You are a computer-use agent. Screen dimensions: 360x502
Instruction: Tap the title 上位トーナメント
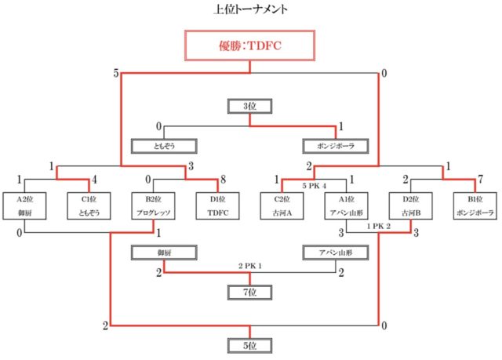click(x=249, y=9)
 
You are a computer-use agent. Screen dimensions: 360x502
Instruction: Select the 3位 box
click(x=249, y=107)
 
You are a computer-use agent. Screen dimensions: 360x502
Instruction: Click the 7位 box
click(x=249, y=293)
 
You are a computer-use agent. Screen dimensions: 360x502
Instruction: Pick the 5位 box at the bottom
click(x=249, y=344)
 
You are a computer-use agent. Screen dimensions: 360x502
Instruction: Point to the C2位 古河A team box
click(x=281, y=205)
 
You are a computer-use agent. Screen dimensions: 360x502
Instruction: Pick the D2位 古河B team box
click(x=409, y=205)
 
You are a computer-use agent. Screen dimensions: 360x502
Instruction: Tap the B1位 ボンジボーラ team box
click(x=473, y=205)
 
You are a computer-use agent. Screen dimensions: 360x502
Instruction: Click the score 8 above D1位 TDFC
click(x=224, y=180)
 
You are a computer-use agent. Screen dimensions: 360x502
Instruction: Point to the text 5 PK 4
click(x=314, y=186)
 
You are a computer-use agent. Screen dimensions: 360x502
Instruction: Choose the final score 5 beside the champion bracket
click(x=116, y=74)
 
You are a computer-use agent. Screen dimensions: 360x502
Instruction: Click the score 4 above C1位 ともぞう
click(x=95, y=180)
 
